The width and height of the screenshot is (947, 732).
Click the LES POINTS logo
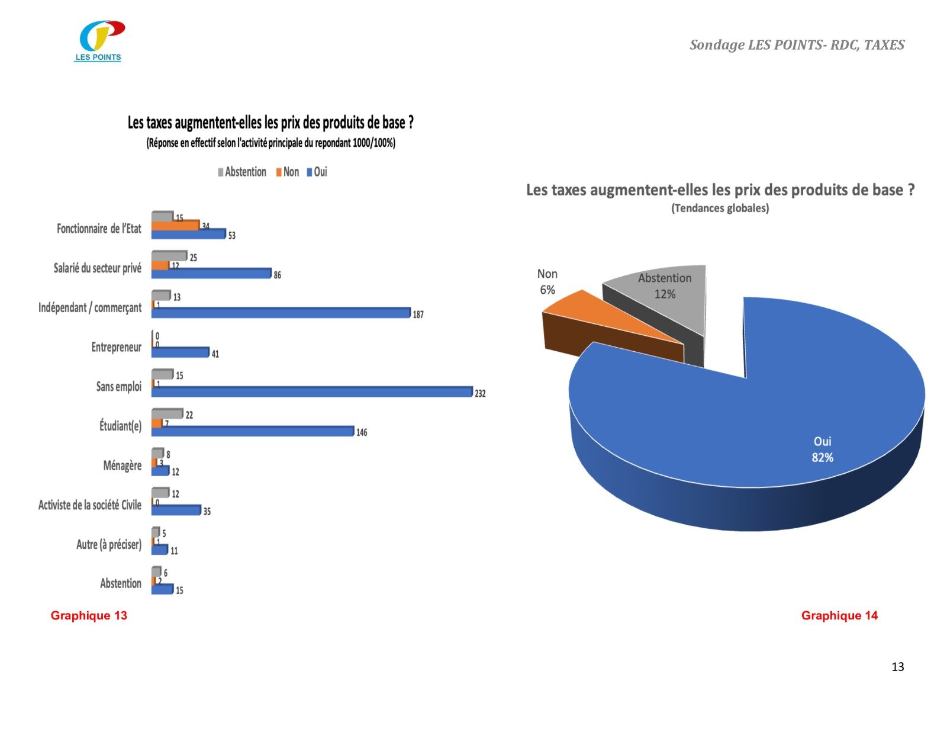tap(101, 40)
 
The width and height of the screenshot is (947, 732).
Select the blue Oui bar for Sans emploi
tap(312, 392)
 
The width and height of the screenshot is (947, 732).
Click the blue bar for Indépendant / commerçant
tap(281, 313)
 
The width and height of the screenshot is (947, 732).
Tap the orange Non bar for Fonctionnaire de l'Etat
tap(175, 226)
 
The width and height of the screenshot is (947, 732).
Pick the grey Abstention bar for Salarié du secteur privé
tap(169, 256)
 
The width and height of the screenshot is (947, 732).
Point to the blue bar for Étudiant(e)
tap(253, 431)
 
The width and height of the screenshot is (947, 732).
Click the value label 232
tap(480, 393)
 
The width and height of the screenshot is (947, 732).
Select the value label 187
tap(418, 314)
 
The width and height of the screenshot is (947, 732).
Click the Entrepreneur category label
tap(116, 347)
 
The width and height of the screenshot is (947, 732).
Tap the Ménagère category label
tap(122, 465)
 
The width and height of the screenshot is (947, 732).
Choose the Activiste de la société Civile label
tap(90, 505)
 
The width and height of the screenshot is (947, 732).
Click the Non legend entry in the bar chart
tap(288, 172)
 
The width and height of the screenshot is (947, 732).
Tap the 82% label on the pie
tap(822, 458)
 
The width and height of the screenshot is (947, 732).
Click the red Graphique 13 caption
tap(89, 615)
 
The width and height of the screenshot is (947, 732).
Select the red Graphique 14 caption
tap(839, 615)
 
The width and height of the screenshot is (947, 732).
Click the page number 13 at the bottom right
tap(897, 667)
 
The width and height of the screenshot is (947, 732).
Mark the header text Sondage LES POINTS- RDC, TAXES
tap(797, 45)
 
